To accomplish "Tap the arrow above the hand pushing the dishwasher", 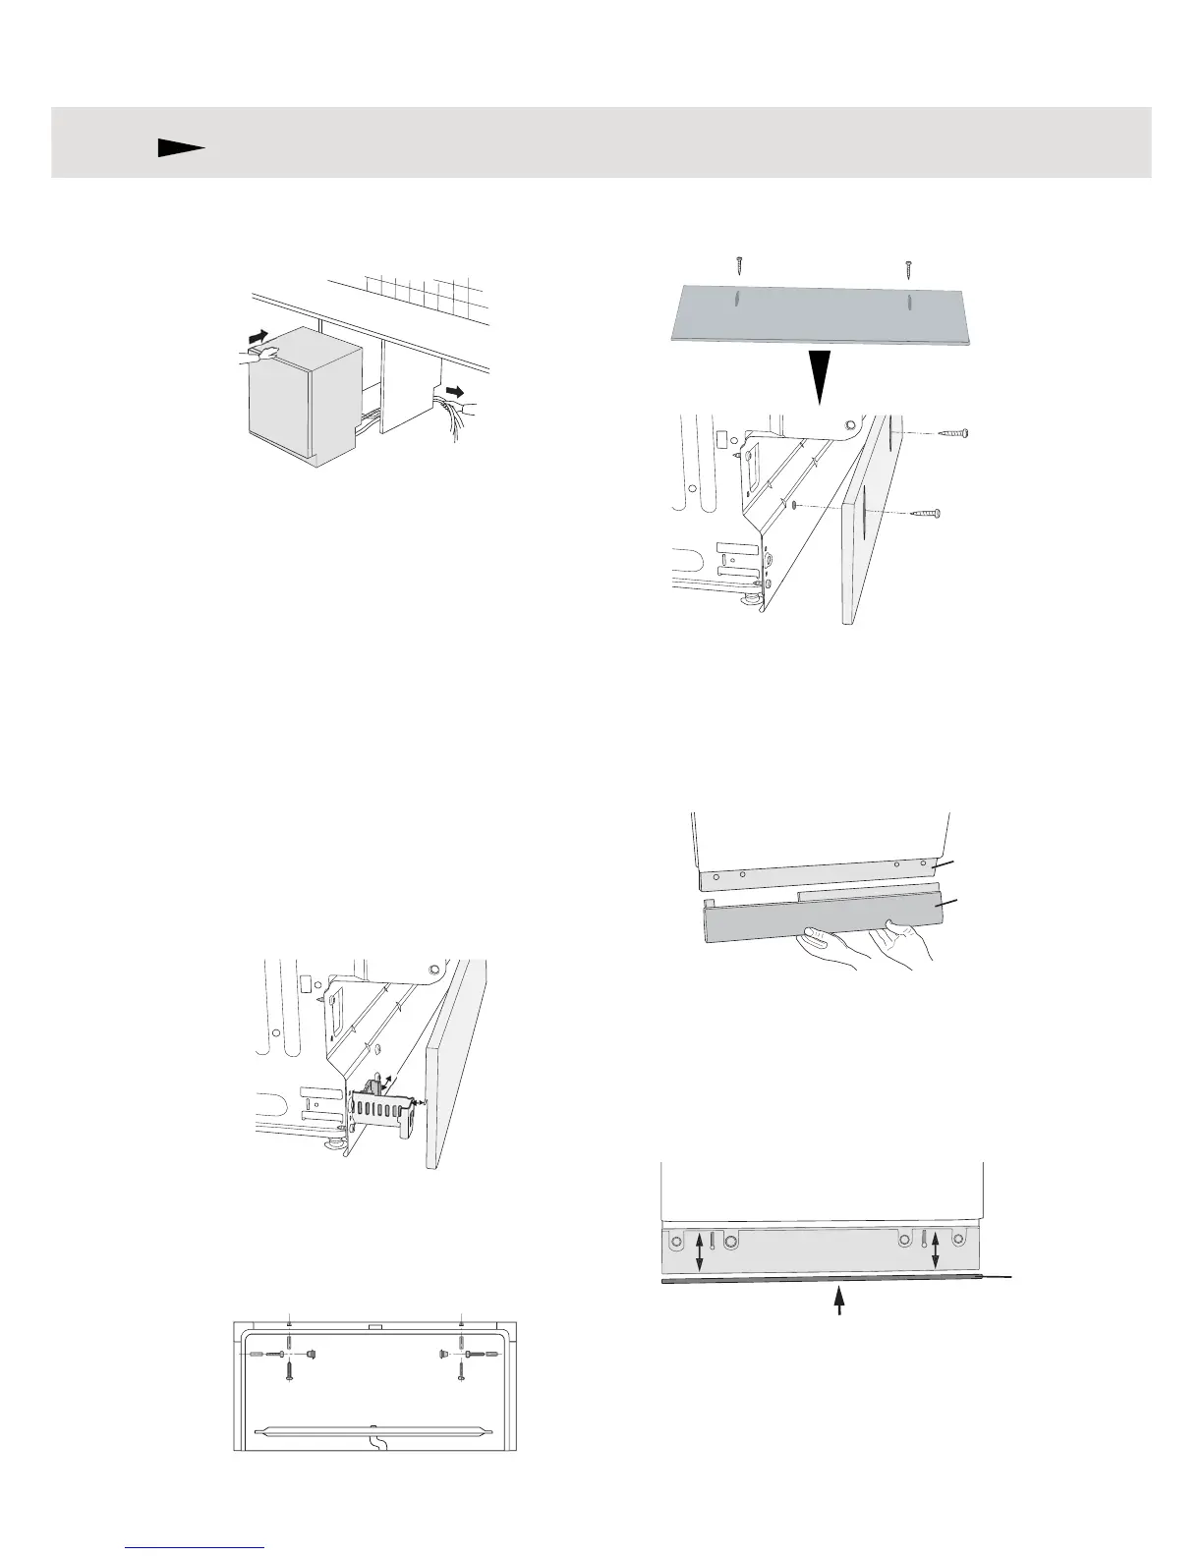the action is pos(258,338).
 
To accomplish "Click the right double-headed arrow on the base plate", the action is pos(935,1250).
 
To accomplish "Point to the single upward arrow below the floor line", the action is pos(838,1302).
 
